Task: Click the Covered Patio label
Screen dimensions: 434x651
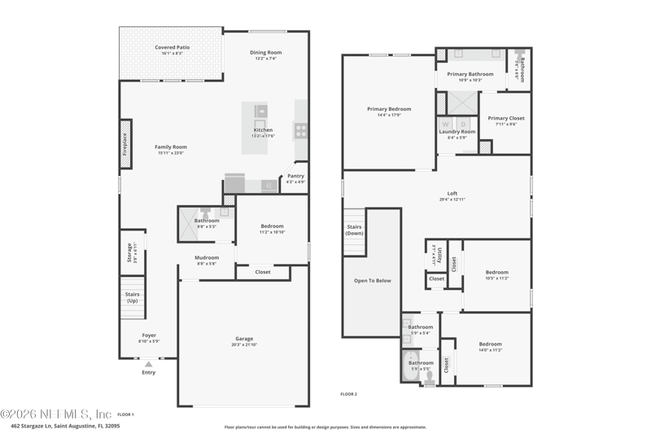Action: click(x=172, y=47)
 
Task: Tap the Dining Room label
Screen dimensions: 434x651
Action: click(x=265, y=53)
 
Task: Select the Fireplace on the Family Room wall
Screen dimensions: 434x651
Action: click(x=125, y=145)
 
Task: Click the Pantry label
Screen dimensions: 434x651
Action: click(x=295, y=176)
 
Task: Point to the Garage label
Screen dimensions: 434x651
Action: click(x=244, y=339)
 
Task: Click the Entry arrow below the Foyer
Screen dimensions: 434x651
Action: click(x=149, y=365)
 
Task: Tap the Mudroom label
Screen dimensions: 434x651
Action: click(x=207, y=258)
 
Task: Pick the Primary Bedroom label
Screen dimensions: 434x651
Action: click(x=389, y=109)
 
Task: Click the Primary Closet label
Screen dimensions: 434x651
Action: click(x=506, y=118)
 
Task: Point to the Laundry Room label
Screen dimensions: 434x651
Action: click(x=457, y=131)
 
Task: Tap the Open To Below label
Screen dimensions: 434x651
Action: click(x=373, y=280)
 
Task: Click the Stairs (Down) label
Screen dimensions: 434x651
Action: click(x=354, y=230)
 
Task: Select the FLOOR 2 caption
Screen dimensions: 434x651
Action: click(x=349, y=394)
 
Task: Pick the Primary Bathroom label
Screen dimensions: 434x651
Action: click(x=470, y=74)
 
